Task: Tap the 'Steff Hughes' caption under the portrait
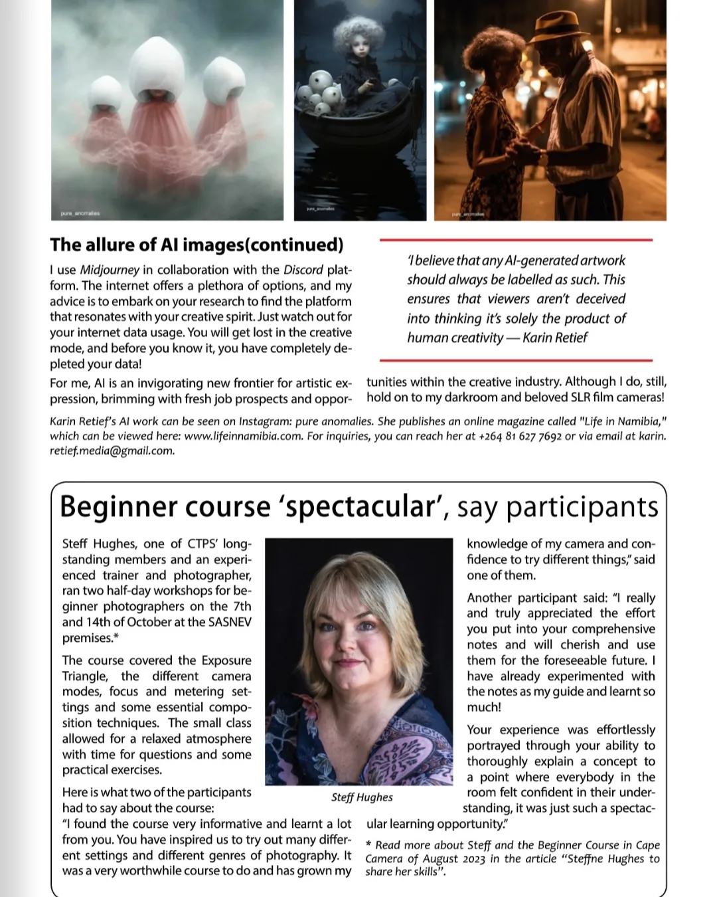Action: [362, 797]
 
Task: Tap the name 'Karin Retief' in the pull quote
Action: [555, 338]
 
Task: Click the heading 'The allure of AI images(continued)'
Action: [197, 245]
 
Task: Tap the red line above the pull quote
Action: [516, 240]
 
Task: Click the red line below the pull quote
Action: [516, 359]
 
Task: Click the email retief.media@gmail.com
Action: [112, 451]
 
